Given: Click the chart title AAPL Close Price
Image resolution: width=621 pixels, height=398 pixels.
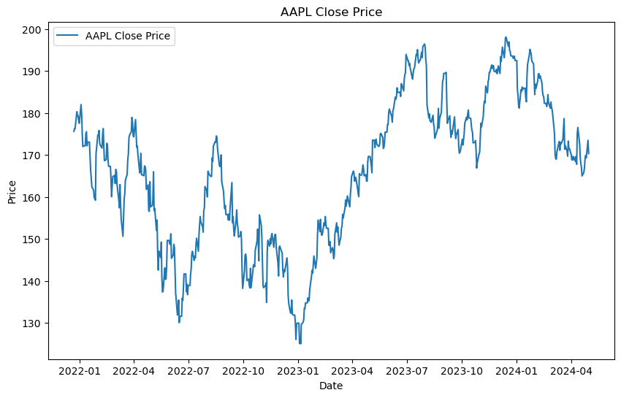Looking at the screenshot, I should tap(331, 12).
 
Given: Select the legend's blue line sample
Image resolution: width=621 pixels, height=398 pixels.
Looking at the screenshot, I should tap(68, 36).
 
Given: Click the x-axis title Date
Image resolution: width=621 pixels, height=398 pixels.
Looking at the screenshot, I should tap(331, 386).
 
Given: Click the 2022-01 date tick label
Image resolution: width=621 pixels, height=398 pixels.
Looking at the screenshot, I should tap(79, 371).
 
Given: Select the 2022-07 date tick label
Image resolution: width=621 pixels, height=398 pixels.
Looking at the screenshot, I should tap(188, 371).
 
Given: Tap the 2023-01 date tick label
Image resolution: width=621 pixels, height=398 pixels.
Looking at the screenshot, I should tap(298, 371).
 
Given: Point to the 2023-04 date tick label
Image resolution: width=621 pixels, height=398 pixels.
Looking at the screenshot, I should tap(352, 371).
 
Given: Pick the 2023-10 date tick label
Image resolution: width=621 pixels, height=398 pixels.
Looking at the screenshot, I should tap(462, 371).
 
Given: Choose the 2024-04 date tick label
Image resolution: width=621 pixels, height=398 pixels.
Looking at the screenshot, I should tap(571, 371).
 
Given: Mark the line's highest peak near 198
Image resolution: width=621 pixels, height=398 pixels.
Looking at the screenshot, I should tap(506, 37).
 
